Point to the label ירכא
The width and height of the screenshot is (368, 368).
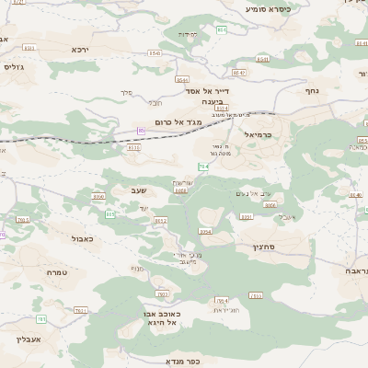pos(80,48)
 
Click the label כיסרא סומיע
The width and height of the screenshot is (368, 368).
pos(269,8)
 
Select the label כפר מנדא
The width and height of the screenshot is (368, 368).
pos(182,362)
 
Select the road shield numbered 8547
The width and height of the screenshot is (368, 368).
pos(239,72)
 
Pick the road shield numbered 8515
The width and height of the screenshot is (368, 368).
pos(134,146)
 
